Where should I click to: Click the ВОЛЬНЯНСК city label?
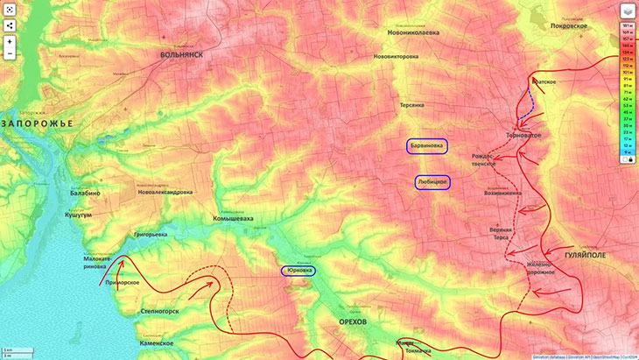(182, 54)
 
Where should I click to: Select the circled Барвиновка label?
(428, 146)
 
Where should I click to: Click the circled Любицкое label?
(432, 182)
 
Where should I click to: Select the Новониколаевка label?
(414, 32)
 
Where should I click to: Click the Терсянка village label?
(412, 104)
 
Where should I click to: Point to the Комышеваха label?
(233, 218)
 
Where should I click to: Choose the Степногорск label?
(160, 311)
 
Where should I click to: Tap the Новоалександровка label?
(165, 192)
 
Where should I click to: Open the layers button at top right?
(628, 11)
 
